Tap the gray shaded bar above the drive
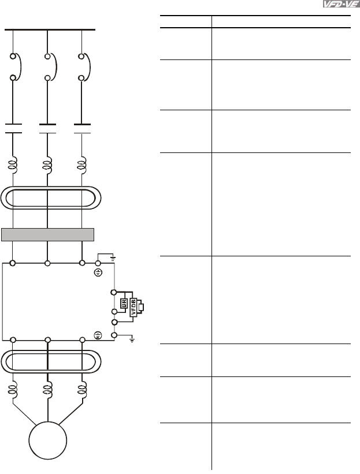pos(47,234)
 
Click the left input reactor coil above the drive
pos(12,166)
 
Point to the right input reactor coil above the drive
pos(82,166)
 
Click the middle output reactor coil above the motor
pos(47,390)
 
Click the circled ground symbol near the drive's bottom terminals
pos(98,334)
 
